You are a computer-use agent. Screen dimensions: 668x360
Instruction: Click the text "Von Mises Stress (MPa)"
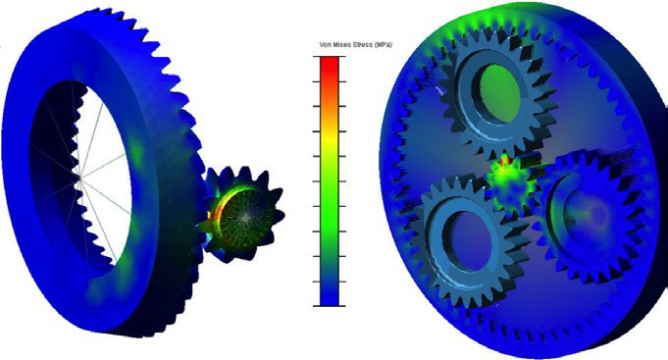click(355, 44)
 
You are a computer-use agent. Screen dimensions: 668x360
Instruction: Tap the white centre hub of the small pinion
click(244, 218)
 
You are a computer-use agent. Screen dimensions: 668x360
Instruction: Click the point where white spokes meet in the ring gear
click(80, 176)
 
